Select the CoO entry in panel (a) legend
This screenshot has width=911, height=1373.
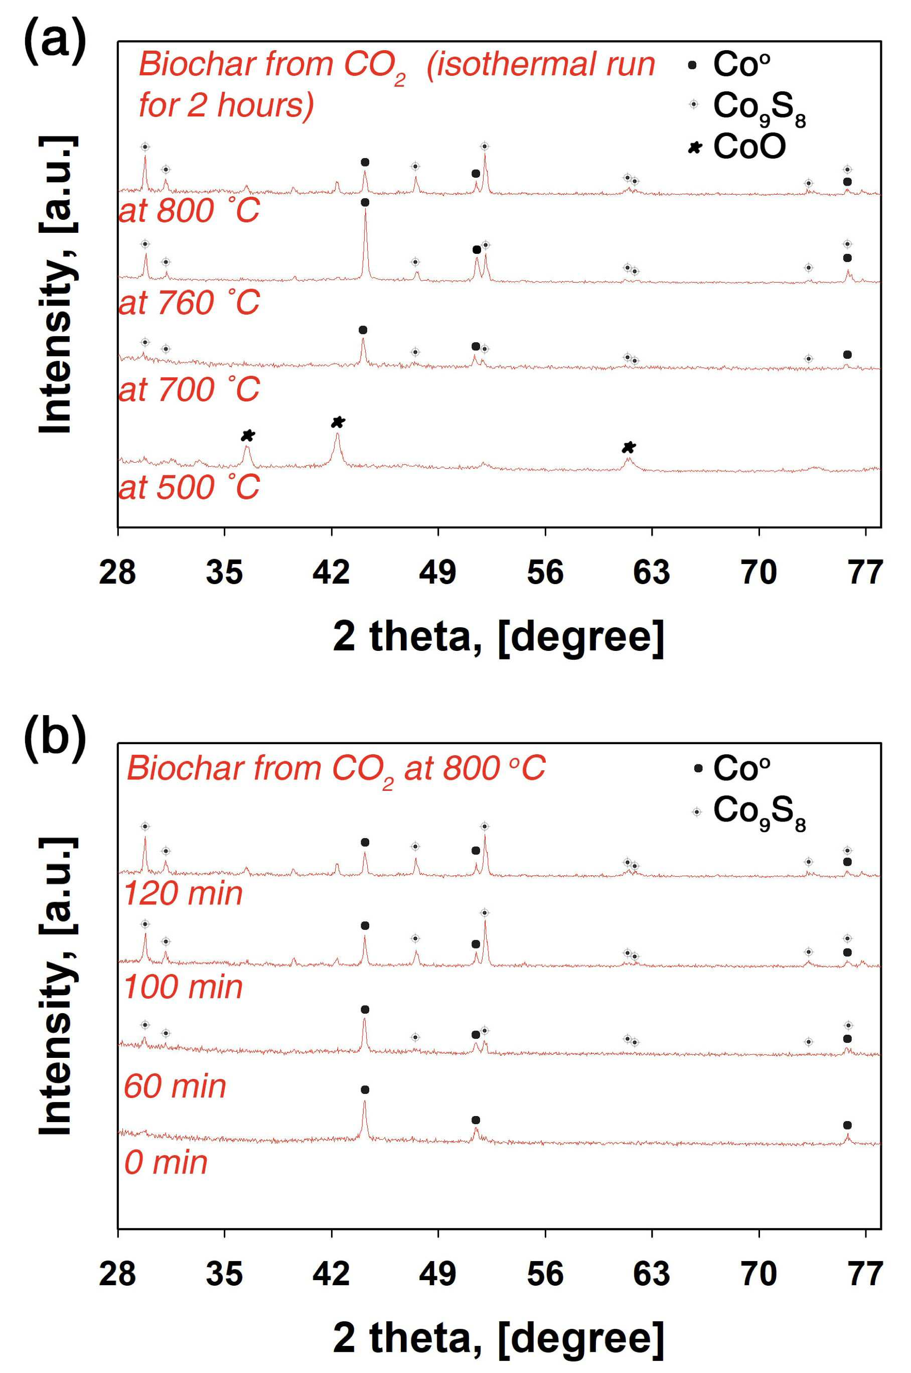point(737,147)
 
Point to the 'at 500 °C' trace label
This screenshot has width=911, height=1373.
point(189,487)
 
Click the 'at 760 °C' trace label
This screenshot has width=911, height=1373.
point(189,303)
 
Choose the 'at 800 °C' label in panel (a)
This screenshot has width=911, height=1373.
point(189,210)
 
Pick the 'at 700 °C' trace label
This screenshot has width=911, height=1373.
point(189,389)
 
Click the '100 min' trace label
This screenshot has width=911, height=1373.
point(183,987)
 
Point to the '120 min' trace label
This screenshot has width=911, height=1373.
point(183,893)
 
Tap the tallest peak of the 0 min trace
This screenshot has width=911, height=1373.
point(365,1101)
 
